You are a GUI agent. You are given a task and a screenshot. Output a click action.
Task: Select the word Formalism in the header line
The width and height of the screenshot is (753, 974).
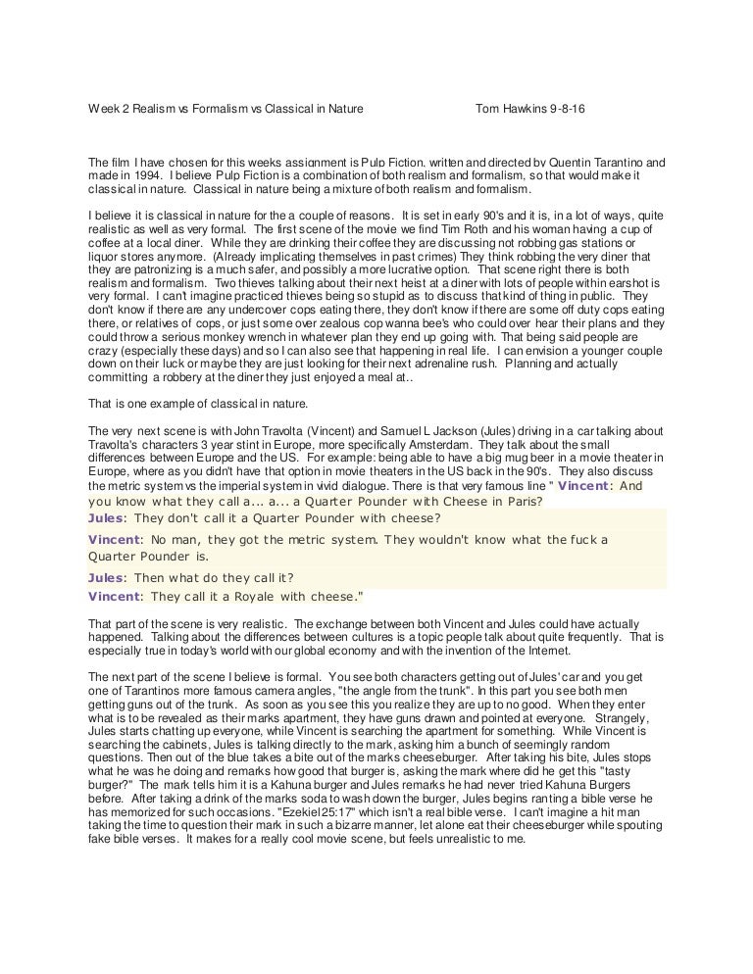(224, 109)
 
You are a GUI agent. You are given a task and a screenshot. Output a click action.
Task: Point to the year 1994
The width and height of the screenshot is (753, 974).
(138, 175)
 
